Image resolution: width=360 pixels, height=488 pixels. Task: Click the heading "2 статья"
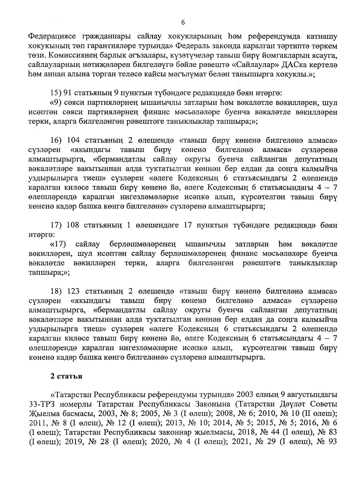[x=66, y=376]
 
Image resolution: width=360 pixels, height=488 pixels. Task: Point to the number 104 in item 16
[x=74, y=140]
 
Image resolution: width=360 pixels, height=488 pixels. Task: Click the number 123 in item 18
[x=74, y=291]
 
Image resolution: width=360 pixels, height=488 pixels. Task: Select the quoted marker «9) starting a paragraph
[x=56, y=103]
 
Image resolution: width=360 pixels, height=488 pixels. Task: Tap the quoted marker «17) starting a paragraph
[x=58, y=244]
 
